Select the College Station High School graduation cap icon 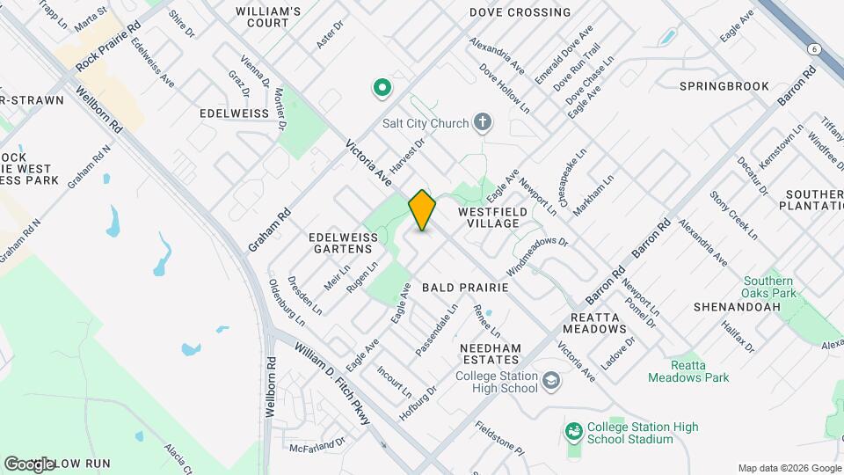click(x=551, y=381)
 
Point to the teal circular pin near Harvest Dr click(x=382, y=87)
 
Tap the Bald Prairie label click(x=465, y=288)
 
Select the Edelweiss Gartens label click(x=342, y=244)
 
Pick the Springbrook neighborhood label click(x=724, y=86)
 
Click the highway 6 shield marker click(x=816, y=49)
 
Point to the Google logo click(x=29, y=464)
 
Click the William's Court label click(x=268, y=18)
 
